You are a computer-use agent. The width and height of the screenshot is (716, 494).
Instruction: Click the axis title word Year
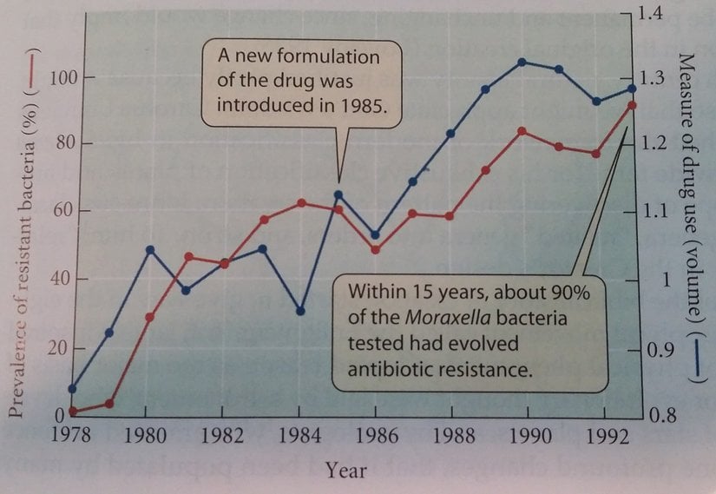(x=345, y=471)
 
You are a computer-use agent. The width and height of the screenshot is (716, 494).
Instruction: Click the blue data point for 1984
(x=300, y=310)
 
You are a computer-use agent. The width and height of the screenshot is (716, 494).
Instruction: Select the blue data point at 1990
(x=522, y=62)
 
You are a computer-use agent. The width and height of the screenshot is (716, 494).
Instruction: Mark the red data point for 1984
(x=300, y=202)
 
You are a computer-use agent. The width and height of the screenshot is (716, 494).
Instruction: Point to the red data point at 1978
(x=73, y=411)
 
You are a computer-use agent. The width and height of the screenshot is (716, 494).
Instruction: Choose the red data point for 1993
(x=631, y=105)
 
